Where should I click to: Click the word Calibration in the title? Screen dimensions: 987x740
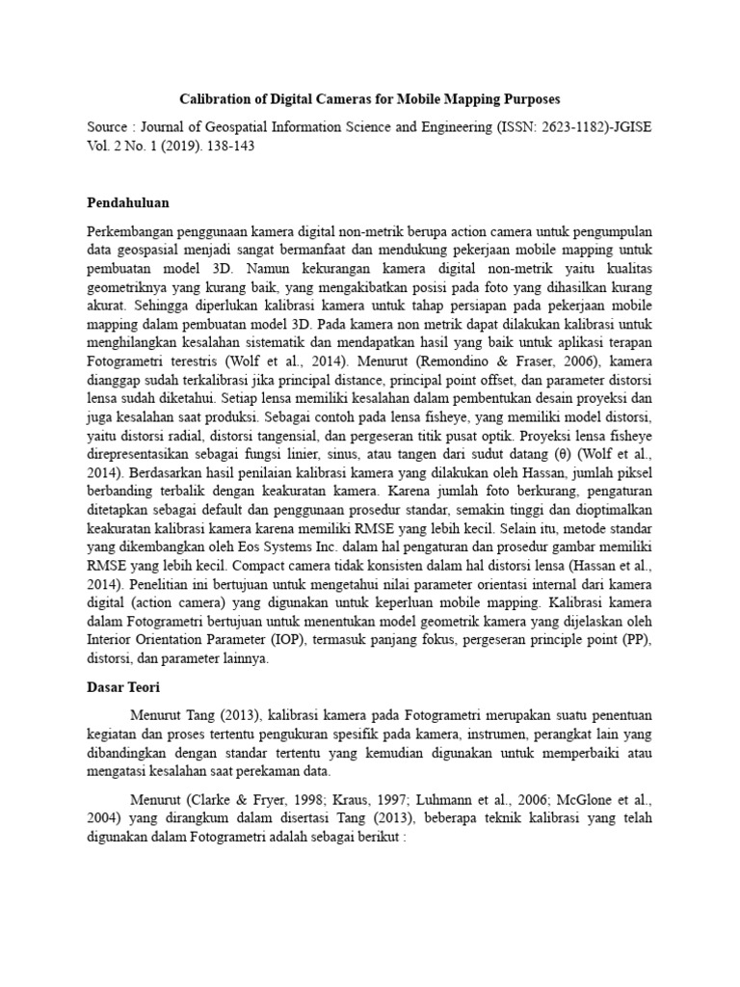[220, 99]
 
